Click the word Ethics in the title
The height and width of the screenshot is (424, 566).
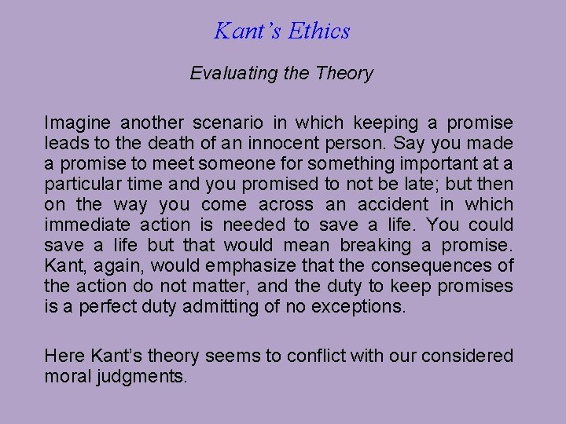[318, 31]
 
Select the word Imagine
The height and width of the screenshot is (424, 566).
[75, 123]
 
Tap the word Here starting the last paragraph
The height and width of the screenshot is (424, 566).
[64, 356]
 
